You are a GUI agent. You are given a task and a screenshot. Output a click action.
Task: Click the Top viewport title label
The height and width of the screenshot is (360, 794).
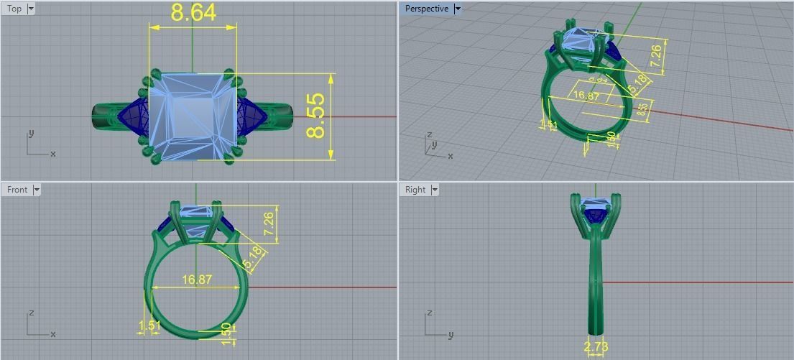14,9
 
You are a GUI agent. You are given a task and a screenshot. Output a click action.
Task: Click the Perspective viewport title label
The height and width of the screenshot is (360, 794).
426,9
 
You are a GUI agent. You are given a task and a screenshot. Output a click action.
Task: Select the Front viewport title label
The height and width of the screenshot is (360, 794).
17,190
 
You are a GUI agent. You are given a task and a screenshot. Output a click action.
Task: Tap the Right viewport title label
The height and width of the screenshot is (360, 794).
415,190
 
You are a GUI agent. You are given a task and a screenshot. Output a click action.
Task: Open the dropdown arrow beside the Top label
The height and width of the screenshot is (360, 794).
31,9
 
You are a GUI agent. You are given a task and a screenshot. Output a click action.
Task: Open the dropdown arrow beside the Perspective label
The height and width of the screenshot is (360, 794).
458,9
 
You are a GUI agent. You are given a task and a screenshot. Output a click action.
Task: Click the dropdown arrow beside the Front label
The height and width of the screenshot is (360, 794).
36,190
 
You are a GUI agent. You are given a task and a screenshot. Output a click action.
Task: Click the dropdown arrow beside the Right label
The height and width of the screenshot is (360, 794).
435,190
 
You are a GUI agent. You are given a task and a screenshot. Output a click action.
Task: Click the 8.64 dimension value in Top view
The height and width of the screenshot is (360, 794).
193,13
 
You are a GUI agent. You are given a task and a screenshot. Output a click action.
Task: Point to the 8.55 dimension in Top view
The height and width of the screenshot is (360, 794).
316,116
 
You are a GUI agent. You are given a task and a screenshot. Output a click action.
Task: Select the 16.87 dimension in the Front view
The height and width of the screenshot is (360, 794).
197,280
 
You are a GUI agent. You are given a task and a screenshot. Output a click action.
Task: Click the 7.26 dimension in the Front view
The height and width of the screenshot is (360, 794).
269,223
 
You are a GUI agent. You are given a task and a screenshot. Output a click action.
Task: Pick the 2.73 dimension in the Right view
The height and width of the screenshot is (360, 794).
596,348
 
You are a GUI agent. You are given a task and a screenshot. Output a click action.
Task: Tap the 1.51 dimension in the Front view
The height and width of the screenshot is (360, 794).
149,326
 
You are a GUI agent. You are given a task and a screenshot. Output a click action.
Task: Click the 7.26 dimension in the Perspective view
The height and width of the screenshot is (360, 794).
655,56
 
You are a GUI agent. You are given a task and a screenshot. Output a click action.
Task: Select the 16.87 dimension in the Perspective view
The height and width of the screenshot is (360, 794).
586,96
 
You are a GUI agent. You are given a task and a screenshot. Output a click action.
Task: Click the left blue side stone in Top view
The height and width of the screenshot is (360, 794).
134,115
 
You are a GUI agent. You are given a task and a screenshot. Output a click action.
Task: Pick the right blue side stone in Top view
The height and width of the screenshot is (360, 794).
253,115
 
